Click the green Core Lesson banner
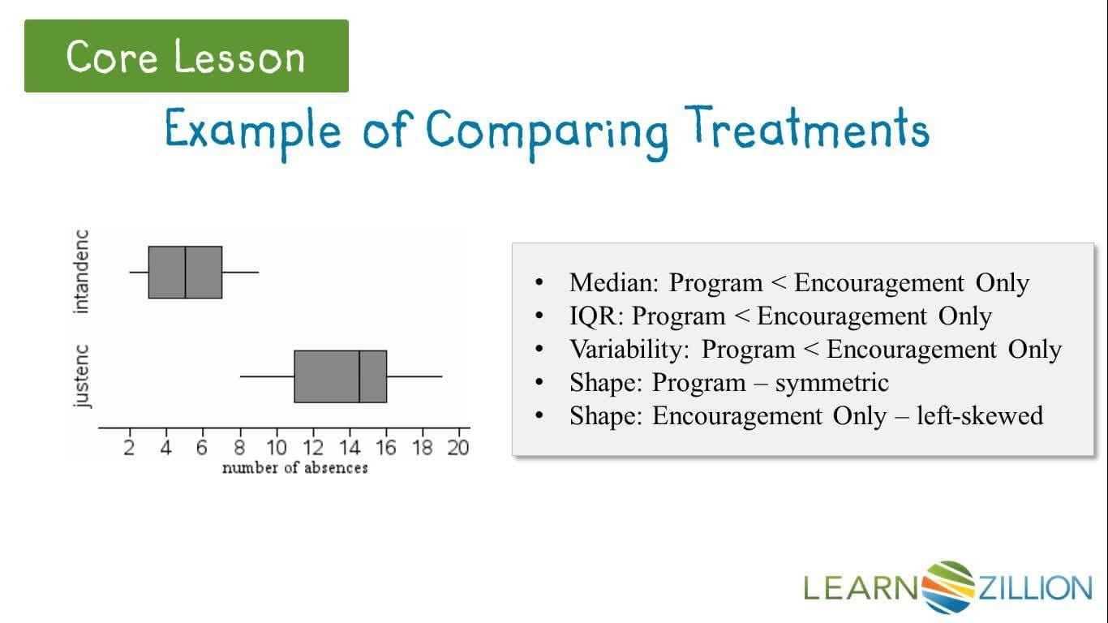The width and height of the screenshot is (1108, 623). [x=187, y=56]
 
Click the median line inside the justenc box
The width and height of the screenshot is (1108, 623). [x=359, y=376]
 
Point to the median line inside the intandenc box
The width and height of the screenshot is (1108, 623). [x=186, y=272]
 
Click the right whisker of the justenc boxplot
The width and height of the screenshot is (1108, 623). [x=414, y=376]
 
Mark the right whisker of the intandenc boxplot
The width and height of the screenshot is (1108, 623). [x=240, y=272]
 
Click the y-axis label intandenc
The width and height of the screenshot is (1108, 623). [x=82, y=272]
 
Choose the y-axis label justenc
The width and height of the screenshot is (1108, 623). [x=82, y=376]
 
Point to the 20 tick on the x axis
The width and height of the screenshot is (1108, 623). [x=458, y=448]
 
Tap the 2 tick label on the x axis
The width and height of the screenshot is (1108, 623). [x=130, y=448]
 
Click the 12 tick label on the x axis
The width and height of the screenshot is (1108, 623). [x=313, y=448]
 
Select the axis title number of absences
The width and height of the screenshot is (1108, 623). [x=294, y=468]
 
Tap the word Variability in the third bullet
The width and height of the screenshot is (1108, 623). [x=630, y=349]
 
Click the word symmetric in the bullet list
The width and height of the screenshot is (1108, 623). [x=831, y=382]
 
